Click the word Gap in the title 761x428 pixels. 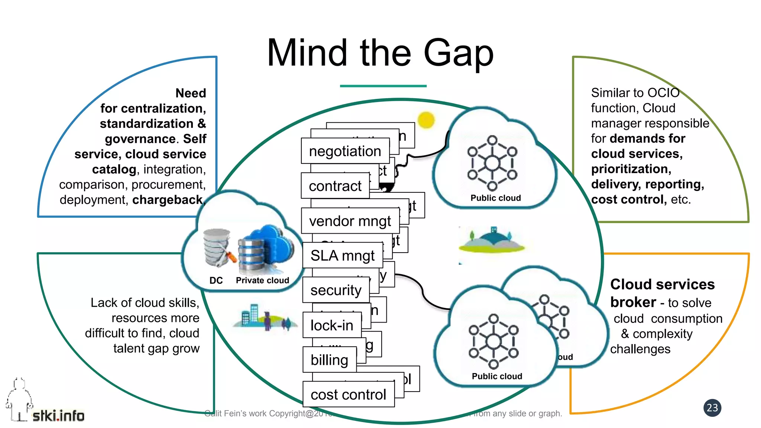(458, 54)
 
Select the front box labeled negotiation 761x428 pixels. (345, 151)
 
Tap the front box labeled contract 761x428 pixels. (335, 186)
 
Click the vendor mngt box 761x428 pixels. (350, 221)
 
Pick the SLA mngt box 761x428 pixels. (342, 256)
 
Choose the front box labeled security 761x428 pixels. (336, 290)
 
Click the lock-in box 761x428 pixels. (332, 325)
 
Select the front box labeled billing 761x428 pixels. (329, 360)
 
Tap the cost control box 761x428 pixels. (348, 395)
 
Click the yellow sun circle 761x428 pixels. (426, 120)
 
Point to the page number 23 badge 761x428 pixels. (712, 408)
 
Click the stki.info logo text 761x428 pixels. (58, 416)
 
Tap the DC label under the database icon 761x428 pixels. (216, 281)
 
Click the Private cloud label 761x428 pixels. (262, 281)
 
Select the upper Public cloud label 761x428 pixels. (495, 198)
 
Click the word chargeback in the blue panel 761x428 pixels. (168, 200)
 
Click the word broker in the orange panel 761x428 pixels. (633, 302)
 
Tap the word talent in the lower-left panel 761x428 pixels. (129, 348)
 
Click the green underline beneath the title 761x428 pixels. (383, 86)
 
